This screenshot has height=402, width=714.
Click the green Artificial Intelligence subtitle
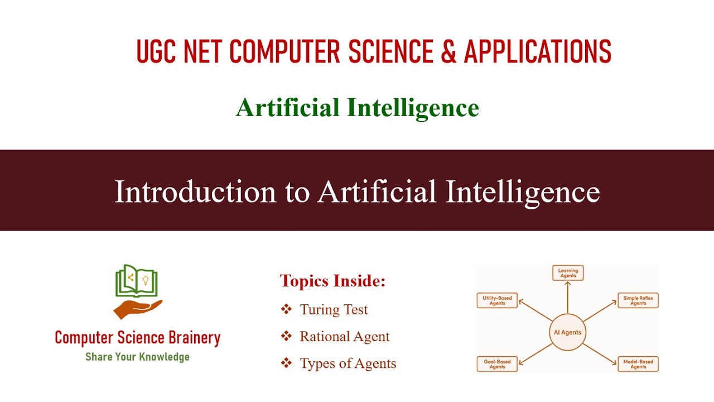[x=357, y=108]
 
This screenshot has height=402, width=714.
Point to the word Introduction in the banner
[x=195, y=192]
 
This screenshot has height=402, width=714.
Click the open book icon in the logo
[x=137, y=281]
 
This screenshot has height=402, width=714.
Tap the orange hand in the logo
[x=137, y=309]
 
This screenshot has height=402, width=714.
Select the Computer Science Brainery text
[x=137, y=338]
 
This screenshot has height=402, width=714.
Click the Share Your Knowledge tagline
[x=137, y=357]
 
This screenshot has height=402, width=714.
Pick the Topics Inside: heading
[x=332, y=281]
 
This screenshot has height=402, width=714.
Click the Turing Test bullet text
[x=334, y=309]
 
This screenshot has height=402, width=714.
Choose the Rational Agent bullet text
[x=344, y=337]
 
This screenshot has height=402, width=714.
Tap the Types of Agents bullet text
[x=348, y=363]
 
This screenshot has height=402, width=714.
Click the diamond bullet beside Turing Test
[x=286, y=309]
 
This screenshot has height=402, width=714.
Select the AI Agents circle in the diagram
[x=567, y=332]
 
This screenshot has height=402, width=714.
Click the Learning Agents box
[x=568, y=273]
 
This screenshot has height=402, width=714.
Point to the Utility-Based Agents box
[x=497, y=300]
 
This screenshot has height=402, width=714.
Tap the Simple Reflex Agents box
[x=638, y=300]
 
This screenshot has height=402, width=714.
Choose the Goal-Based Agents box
[x=497, y=364]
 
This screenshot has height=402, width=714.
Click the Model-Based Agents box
[x=638, y=364]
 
